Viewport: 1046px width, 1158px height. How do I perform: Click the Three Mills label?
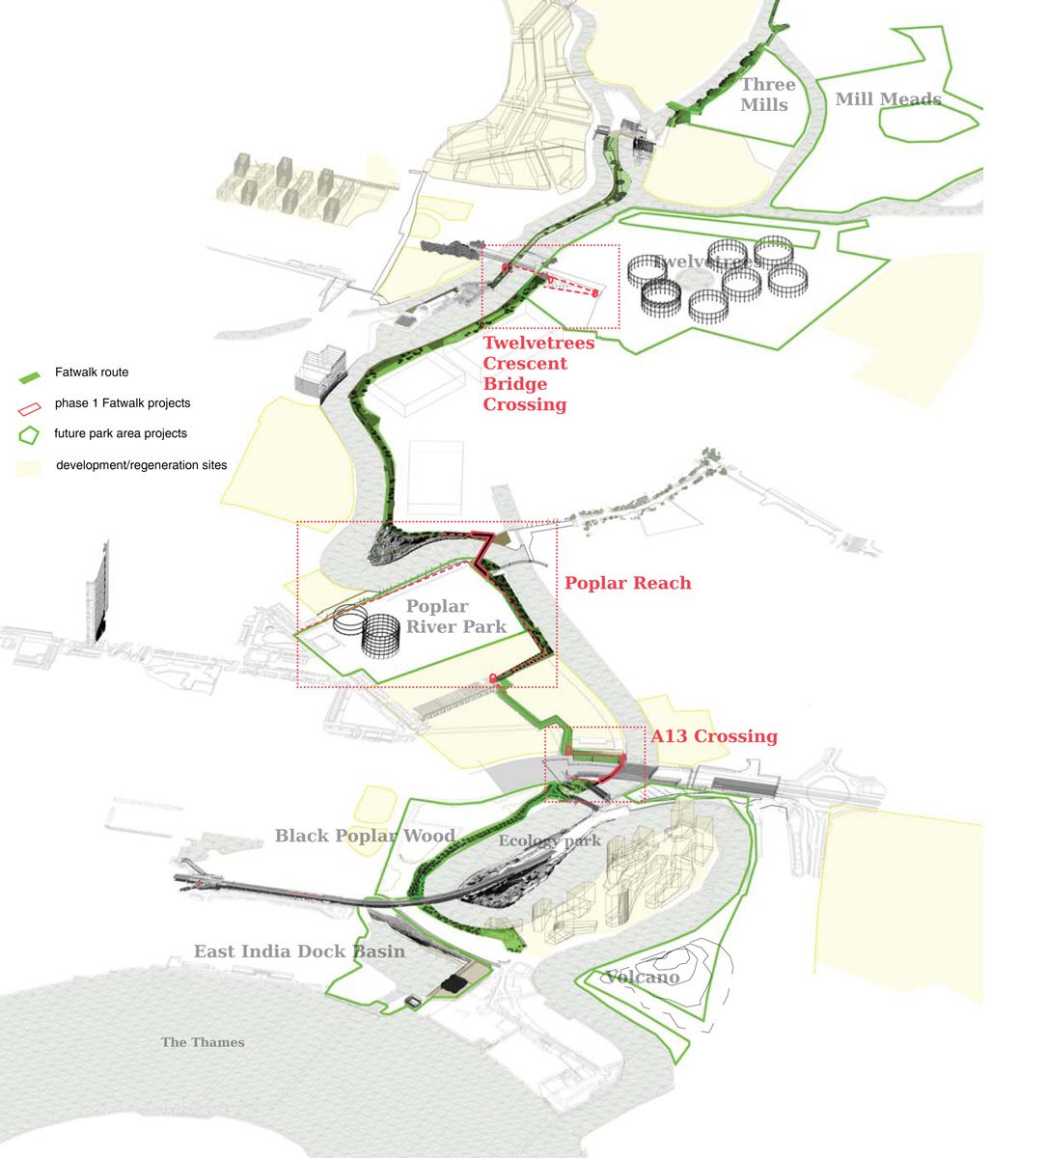[767, 95]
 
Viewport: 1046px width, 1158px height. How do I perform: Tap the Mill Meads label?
[888, 98]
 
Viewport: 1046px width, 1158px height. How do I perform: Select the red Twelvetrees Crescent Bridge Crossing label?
[537, 373]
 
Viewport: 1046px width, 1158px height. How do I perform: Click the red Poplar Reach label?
[627, 583]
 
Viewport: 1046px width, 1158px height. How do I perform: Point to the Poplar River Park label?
[455, 616]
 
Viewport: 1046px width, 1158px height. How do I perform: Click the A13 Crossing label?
[713, 736]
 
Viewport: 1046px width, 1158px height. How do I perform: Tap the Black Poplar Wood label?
[365, 836]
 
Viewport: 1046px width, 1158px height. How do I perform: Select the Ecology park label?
[549, 841]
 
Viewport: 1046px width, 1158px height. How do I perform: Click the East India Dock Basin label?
[299, 951]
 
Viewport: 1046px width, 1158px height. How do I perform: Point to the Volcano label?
[643, 978]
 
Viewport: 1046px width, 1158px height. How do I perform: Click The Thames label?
[203, 1042]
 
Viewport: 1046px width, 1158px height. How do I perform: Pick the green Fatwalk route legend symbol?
[30, 373]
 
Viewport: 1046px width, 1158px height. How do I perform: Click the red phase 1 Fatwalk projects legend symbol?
[30, 405]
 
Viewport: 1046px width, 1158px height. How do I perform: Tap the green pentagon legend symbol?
[30, 434]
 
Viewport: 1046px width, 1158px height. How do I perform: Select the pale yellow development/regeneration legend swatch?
[29, 467]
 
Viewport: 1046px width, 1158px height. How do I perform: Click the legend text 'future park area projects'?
[121, 433]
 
